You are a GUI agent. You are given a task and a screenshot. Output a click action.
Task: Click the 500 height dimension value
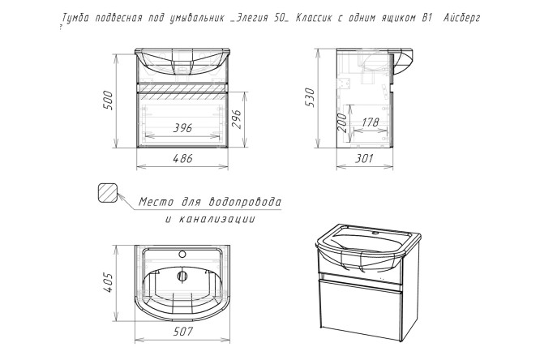click(x=108, y=101)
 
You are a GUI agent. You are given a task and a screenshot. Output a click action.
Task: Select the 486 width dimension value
click(x=182, y=158)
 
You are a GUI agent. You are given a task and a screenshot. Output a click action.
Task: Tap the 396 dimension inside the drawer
click(x=182, y=128)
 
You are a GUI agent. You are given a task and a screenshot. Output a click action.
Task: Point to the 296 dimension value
click(x=237, y=119)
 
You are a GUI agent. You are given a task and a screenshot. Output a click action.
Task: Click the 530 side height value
click(x=310, y=97)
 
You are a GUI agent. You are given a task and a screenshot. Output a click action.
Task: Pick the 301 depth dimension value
click(x=364, y=158)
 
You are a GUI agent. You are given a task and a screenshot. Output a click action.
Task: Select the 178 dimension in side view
click(x=371, y=122)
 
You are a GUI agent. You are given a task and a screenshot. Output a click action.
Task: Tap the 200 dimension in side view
click(x=343, y=122)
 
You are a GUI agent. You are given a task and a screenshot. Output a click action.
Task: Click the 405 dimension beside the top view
click(x=108, y=282)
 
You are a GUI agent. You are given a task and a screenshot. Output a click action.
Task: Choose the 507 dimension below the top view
click(x=182, y=332)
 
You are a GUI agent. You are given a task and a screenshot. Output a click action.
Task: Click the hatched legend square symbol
click(x=106, y=193)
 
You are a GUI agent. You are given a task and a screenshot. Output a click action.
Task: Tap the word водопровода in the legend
click(x=245, y=202)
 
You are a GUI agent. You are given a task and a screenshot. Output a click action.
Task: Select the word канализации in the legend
click(x=217, y=219)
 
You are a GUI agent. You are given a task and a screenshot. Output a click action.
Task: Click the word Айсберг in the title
click(x=461, y=19)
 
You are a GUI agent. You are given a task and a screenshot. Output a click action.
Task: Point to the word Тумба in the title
click(x=75, y=19)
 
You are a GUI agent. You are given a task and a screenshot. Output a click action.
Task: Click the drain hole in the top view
click(x=182, y=276)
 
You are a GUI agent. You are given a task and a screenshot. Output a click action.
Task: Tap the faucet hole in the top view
click(x=182, y=255)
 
